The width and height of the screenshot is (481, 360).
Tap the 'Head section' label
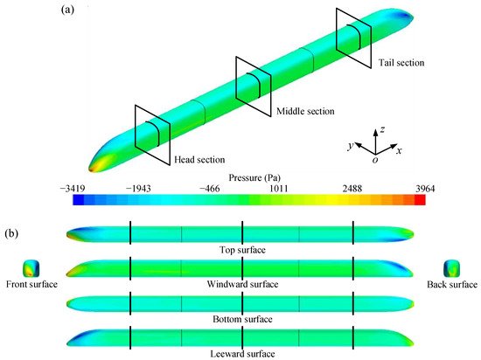201,160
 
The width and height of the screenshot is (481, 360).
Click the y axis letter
350,147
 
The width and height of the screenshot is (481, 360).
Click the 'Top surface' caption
241,250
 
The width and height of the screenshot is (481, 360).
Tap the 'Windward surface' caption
241,285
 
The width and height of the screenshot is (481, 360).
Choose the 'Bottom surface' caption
241,320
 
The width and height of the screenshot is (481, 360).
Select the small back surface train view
452,266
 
